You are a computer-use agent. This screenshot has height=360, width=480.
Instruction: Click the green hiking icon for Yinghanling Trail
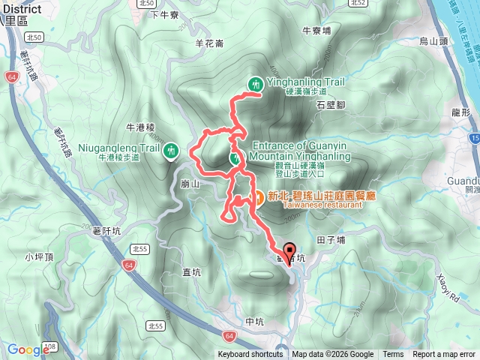[x=256, y=84]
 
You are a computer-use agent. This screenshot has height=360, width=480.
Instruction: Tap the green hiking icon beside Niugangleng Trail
[x=172, y=150]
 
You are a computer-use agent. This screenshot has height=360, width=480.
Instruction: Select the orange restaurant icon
[x=254, y=197]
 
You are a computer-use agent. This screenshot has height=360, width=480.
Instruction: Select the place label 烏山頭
[x=433, y=40]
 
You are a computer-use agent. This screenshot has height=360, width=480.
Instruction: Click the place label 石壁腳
[x=331, y=106]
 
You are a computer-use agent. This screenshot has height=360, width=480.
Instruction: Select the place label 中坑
[x=255, y=322]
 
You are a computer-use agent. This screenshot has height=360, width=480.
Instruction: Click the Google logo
[x=28, y=349]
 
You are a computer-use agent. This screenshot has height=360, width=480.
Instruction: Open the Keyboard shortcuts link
[x=250, y=355]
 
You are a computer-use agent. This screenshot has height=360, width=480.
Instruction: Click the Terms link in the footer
[x=392, y=355]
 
